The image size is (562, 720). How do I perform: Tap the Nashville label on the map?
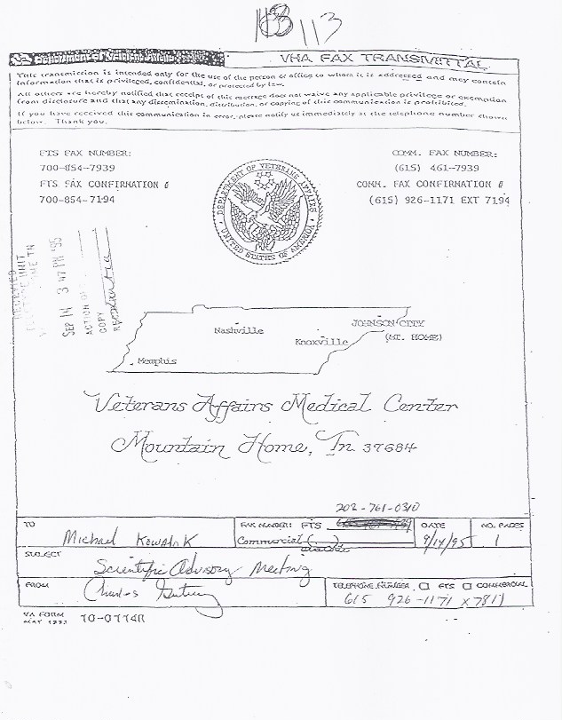[x=239, y=330]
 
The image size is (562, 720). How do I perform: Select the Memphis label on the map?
[x=157, y=361]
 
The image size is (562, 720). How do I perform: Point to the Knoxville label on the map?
[x=321, y=341]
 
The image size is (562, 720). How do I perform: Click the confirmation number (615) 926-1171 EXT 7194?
[x=439, y=201]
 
